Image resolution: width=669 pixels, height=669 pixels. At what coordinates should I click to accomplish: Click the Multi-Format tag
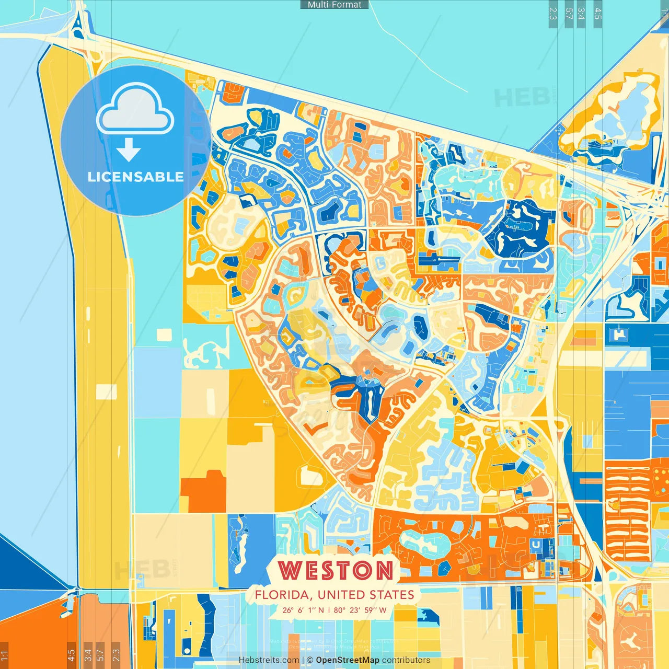[x=334, y=5]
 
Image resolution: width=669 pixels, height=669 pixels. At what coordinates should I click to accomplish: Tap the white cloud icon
[x=135, y=111]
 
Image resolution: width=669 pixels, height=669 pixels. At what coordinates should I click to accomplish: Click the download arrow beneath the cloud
[x=128, y=150]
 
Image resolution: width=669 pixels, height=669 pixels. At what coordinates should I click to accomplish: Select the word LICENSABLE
[x=136, y=177]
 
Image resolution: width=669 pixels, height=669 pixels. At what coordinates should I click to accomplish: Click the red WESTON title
[x=336, y=570]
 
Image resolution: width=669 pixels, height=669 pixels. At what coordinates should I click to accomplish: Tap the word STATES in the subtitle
[x=391, y=595]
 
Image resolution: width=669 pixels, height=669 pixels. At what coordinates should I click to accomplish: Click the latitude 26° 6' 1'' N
[x=303, y=610]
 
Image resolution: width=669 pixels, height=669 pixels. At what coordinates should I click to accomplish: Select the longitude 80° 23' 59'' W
[x=360, y=610]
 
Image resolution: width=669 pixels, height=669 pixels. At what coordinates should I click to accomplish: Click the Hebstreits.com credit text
[x=269, y=660]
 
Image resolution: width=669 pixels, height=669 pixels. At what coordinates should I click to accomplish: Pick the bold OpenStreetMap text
[x=348, y=660]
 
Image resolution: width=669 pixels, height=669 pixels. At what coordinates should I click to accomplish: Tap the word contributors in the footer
[x=406, y=660]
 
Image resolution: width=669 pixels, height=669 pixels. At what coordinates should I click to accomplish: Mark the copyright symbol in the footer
[x=310, y=660]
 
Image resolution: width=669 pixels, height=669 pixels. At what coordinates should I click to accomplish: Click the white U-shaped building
[x=536, y=544]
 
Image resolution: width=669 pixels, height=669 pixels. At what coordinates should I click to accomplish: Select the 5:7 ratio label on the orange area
[x=100, y=654]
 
